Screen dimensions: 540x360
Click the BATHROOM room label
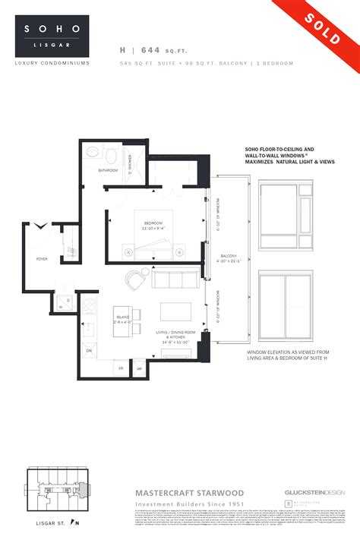coord(108,170)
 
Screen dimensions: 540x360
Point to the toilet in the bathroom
coord(111,156)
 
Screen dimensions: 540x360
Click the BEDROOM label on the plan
coord(154,222)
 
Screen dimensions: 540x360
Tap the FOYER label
coord(42,259)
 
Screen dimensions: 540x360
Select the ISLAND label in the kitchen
coord(122,317)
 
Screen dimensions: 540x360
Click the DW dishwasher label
coord(88,350)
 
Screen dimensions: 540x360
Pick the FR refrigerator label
coord(120,368)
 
